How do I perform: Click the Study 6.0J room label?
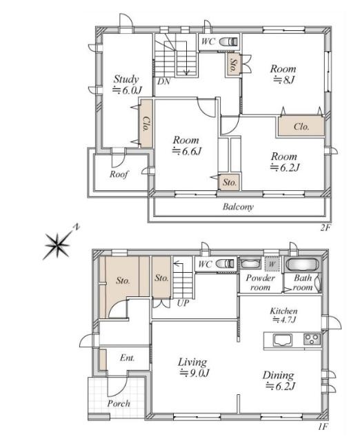click(x=127, y=84)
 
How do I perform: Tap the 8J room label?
click(x=283, y=74)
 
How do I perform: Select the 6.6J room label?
click(x=187, y=145)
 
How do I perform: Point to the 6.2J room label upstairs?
click(x=284, y=162)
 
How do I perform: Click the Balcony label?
click(x=238, y=207)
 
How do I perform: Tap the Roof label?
click(x=119, y=174)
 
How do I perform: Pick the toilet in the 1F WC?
click(x=225, y=264)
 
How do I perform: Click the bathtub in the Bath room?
click(x=302, y=265)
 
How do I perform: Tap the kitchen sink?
click(x=283, y=340)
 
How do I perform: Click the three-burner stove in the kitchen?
click(x=312, y=339)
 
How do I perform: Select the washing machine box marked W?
click(x=272, y=264)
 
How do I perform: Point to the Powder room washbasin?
click(x=250, y=264)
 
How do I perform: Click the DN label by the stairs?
click(x=163, y=81)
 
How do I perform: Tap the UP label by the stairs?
click(x=183, y=303)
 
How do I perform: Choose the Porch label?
click(x=119, y=404)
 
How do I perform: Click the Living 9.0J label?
click(x=194, y=367)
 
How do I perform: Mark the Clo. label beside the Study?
click(x=146, y=124)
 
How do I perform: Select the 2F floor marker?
click(x=325, y=228)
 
